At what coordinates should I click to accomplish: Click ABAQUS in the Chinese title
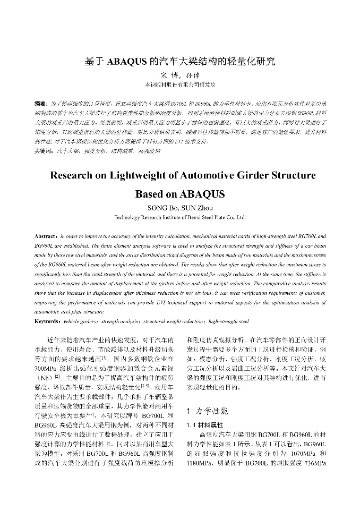[x=127, y=61]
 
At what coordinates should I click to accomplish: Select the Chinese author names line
[x=180, y=75]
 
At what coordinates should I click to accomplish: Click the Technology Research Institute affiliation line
[x=180, y=217]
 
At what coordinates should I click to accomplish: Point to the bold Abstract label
[x=47, y=235]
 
